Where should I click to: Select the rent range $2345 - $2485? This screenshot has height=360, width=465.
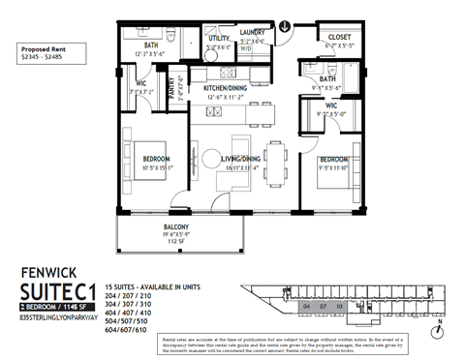pyautogui.click(x=46, y=55)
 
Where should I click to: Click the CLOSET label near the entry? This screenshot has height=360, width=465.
pyautogui.click(x=339, y=37)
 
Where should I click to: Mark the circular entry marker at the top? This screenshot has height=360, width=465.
pyautogui.click(x=285, y=27)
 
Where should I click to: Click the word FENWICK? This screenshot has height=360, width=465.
pyautogui.click(x=47, y=274)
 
